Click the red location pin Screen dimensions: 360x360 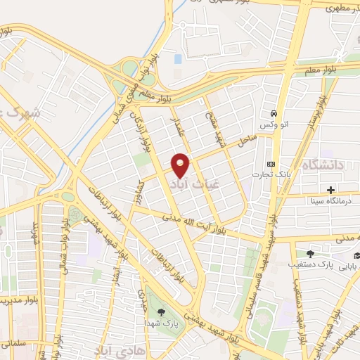[x=181, y=165]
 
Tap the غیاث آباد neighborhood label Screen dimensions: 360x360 [x=205, y=179]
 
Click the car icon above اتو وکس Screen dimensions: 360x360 [x=274, y=113]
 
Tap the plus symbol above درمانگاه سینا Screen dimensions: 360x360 [x=330, y=189]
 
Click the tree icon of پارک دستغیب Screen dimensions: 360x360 [x=310, y=255]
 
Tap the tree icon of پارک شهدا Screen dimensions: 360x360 [x=162, y=312]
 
